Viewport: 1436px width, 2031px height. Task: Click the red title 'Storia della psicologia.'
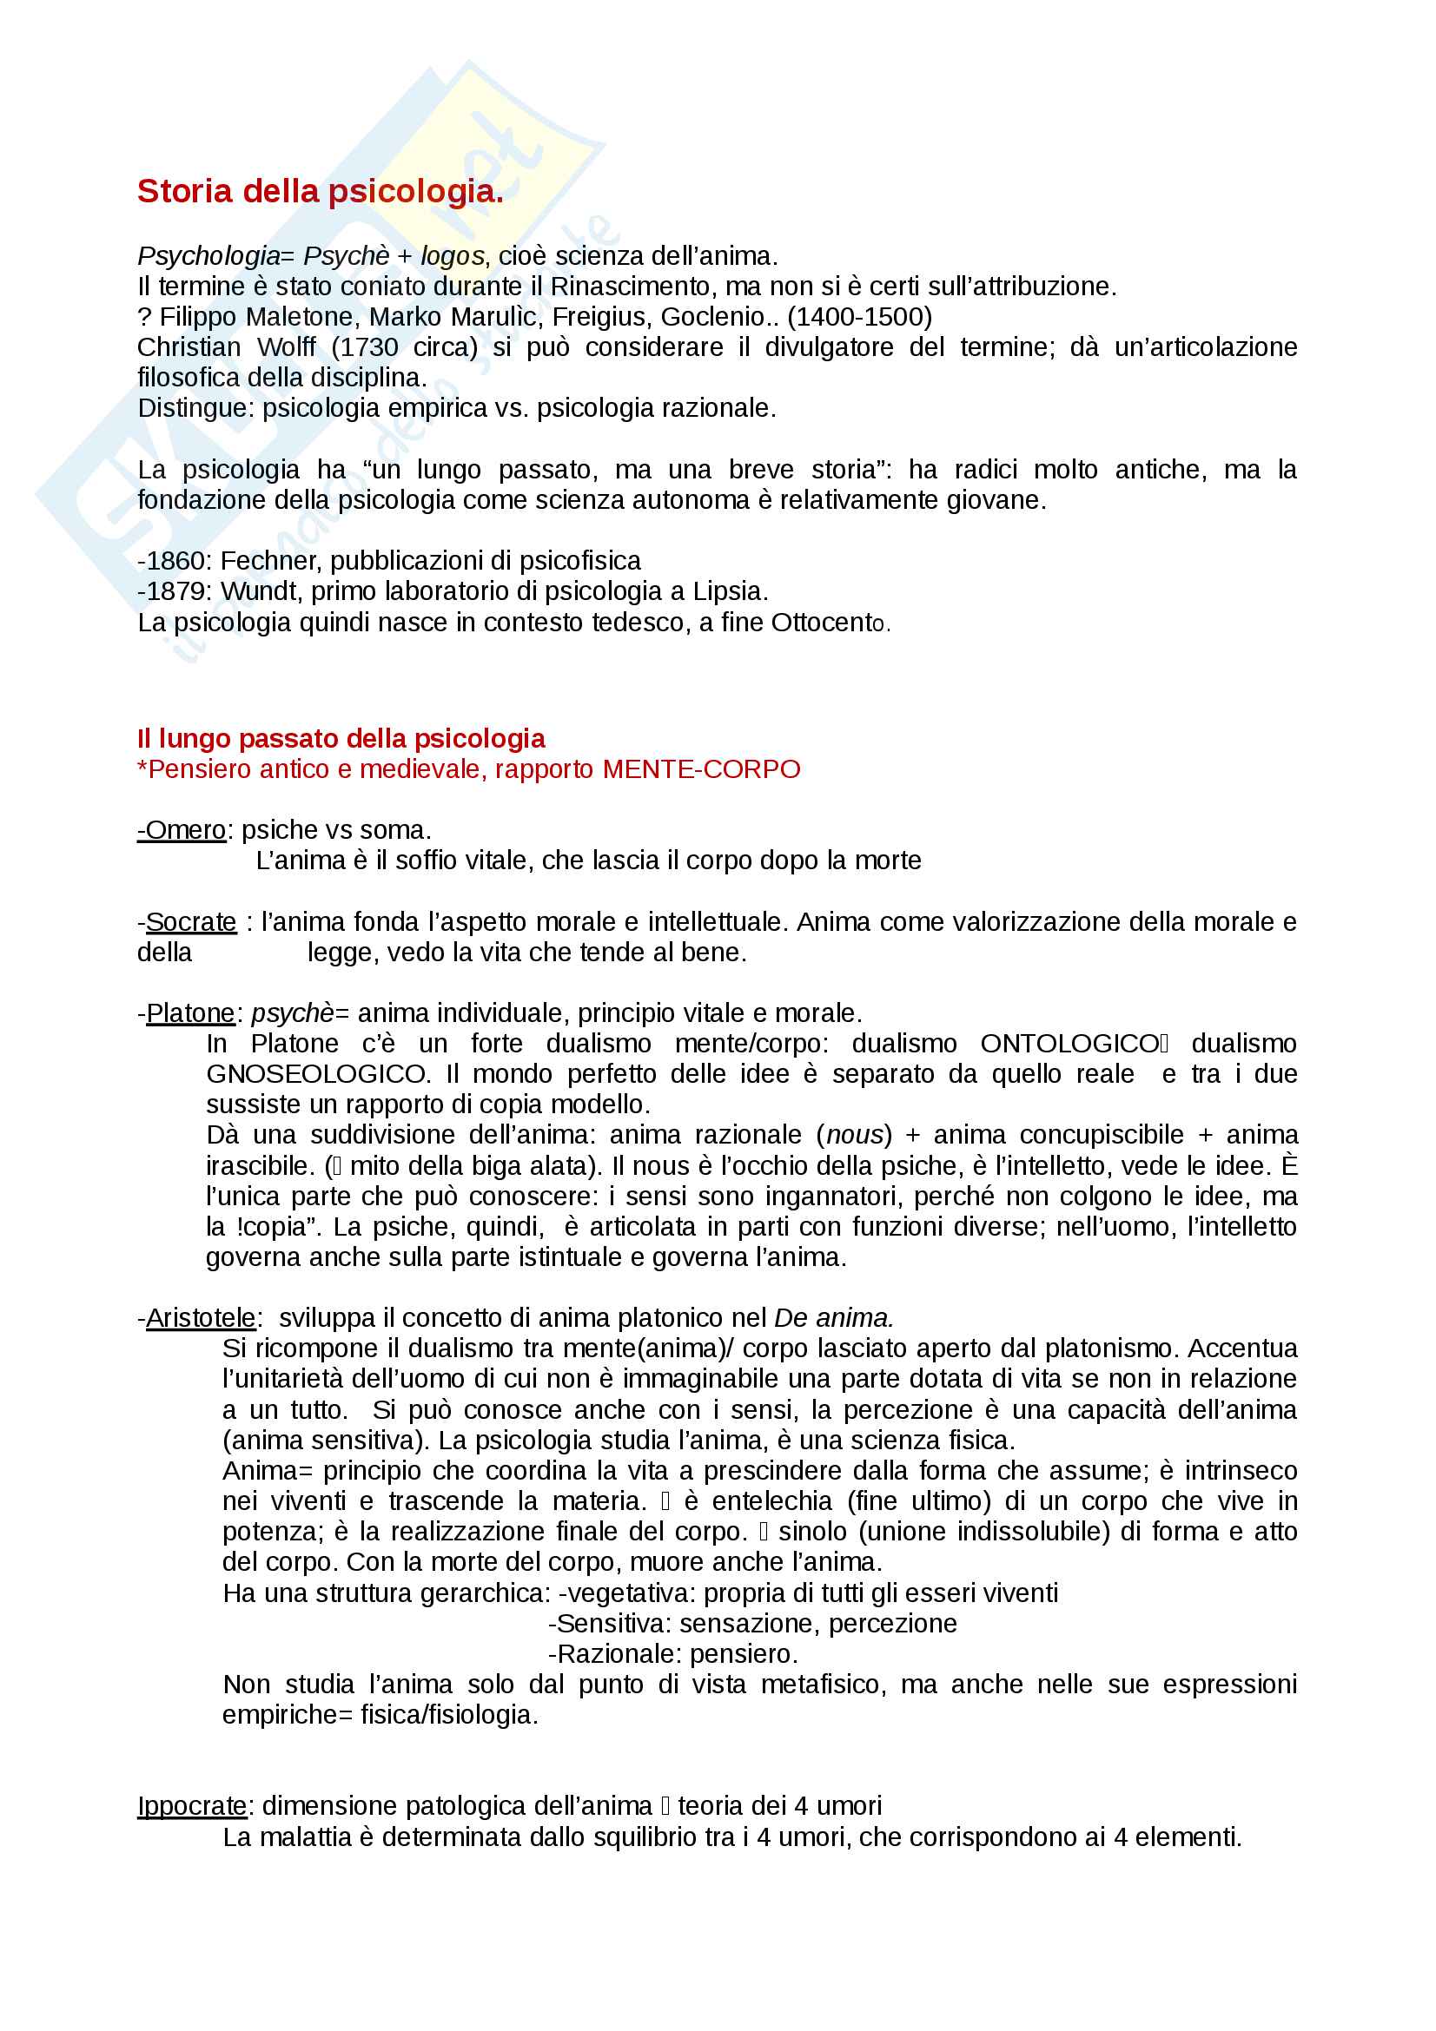pyautogui.click(x=321, y=191)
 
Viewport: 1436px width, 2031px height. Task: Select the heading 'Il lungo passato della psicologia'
pyautogui.click(x=341, y=738)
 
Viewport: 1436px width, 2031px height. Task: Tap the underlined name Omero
pyautogui.click(x=184, y=830)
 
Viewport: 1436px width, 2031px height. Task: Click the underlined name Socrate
pyautogui.click(x=190, y=922)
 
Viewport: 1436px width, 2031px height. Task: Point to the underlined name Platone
pyautogui.click(x=190, y=1012)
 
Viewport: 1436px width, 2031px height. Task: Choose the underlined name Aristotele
pyautogui.click(x=200, y=1318)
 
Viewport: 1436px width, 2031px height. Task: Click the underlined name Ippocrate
pyautogui.click(x=192, y=1805)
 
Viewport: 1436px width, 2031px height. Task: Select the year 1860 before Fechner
pyautogui.click(x=178, y=561)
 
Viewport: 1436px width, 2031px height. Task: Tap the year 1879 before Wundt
pyautogui.click(x=178, y=591)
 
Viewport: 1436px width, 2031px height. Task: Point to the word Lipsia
pyautogui.click(x=730, y=591)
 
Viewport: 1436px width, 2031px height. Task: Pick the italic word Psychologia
pyautogui.click(x=208, y=255)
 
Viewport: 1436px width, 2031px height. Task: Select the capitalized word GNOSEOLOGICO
pyautogui.click(x=317, y=1074)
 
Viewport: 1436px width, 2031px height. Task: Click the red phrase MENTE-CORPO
pyautogui.click(x=701, y=768)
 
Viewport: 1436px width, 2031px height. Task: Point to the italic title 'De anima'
pyautogui.click(x=832, y=1318)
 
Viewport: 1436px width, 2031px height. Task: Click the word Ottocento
pyautogui.click(x=830, y=623)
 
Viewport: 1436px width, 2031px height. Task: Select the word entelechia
pyautogui.click(x=771, y=1501)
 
